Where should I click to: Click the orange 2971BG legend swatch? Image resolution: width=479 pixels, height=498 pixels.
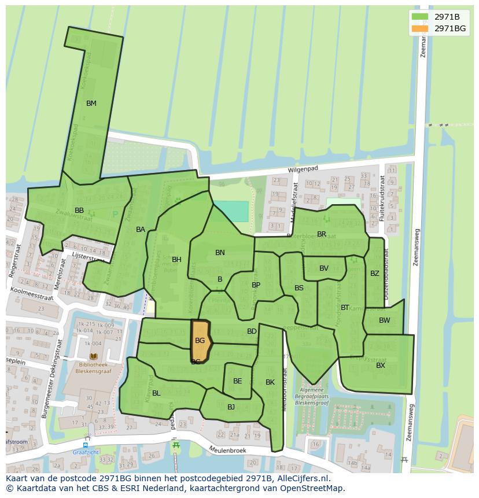420,28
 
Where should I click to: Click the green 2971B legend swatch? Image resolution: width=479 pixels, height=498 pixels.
420,17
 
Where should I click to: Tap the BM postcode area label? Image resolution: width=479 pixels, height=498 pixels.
91,104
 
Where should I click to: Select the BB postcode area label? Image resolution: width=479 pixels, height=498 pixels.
79,210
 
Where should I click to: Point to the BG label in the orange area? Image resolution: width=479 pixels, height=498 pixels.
200,341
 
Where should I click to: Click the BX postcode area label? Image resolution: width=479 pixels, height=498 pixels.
381,366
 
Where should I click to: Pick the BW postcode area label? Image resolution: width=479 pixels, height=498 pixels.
385,320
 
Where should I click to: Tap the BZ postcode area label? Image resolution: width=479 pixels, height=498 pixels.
375,274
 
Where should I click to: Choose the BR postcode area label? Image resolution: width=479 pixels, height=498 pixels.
322,234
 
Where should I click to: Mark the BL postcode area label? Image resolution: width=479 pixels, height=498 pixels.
156,393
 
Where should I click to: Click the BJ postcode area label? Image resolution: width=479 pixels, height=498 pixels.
231,407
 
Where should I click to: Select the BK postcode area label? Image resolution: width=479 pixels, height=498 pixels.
270,382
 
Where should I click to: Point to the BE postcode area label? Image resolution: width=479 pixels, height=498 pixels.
238,381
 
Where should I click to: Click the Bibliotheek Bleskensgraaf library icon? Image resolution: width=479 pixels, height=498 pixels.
94,357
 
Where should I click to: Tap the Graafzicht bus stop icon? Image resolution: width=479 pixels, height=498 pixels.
85,445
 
